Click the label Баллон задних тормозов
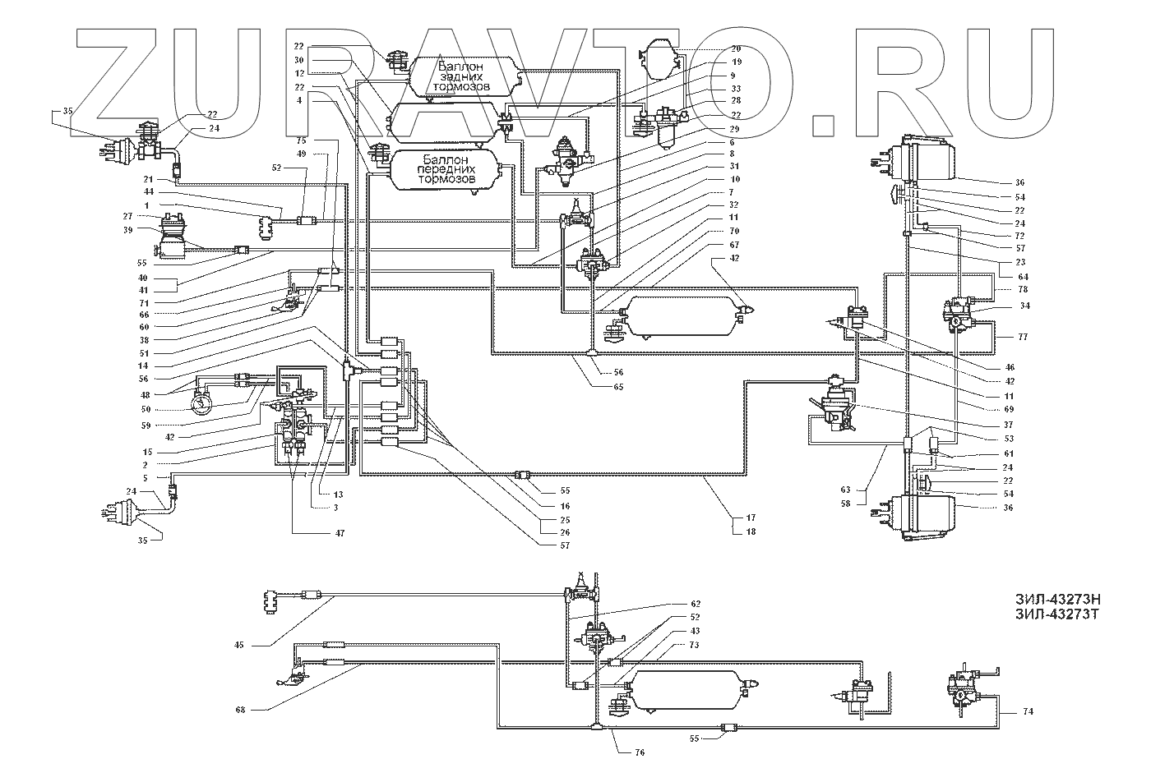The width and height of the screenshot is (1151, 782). [465, 76]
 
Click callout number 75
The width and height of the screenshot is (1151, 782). [302, 140]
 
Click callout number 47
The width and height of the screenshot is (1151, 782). [340, 533]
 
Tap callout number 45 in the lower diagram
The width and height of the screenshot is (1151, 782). [239, 645]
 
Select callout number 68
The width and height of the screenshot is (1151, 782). [239, 708]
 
